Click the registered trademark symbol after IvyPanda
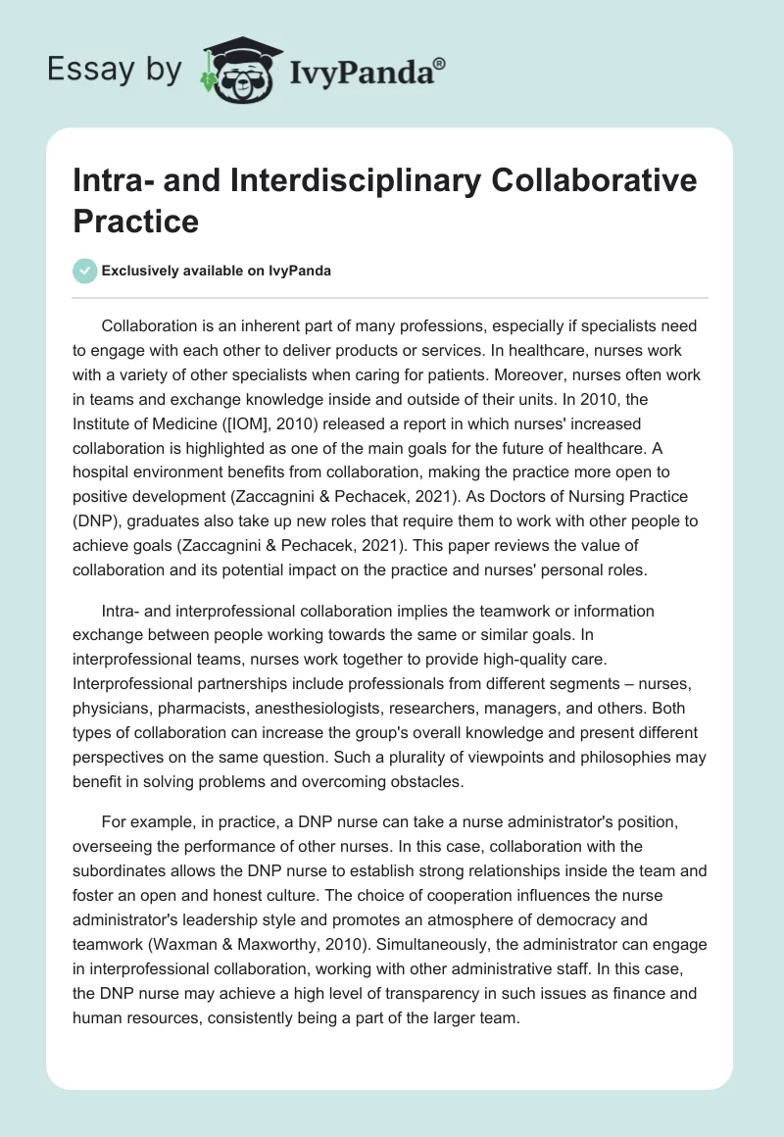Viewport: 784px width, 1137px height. pos(439,64)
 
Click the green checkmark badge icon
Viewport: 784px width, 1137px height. pos(85,271)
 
